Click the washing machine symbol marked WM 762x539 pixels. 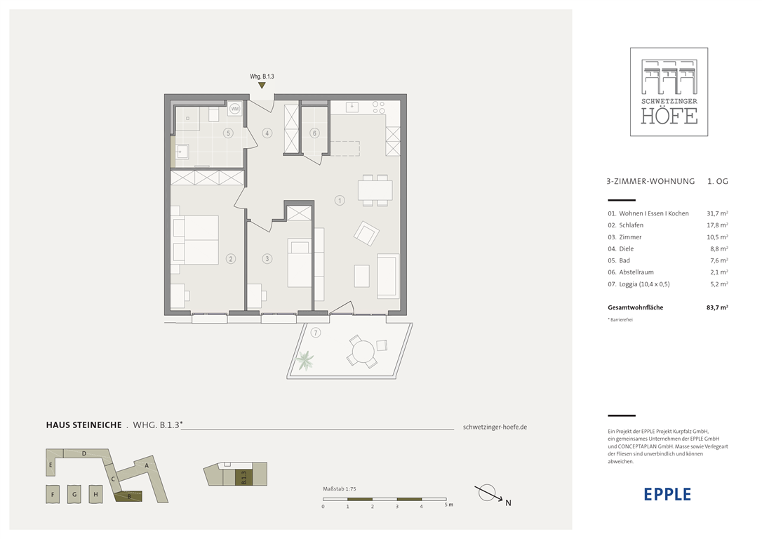click(235, 109)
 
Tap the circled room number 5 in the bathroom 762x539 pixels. click(228, 133)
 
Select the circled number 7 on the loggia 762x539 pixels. click(316, 333)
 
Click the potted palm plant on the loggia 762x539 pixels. click(305, 361)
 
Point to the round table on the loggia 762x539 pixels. click(363, 351)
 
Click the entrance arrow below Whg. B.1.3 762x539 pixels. click(262, 86)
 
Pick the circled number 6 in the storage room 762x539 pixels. click(314, 133)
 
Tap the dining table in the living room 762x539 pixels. click(375, 190)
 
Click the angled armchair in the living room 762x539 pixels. click(366, 233)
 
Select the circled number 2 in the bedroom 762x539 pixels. click(231, 258)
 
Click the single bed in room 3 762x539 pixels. click(300, 262)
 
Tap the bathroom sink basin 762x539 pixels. click(182, 152)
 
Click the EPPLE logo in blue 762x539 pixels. click(667, 494)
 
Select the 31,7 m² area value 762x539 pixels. click(717, 213)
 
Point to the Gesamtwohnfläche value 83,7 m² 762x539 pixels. click(717, 307)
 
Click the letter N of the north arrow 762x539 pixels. click(508, 503)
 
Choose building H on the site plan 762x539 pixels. click(95, 494)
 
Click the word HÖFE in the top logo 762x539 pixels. click(669, 117)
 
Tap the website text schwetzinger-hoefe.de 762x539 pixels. click(495, 427)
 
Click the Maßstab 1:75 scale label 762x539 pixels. click(339, 489)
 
